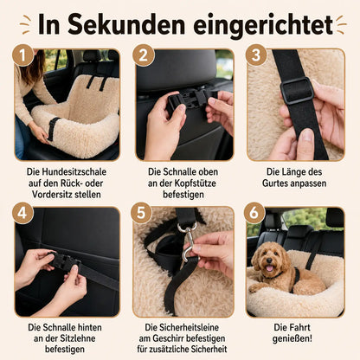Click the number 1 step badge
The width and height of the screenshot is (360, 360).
pyautogui.click(x=22, y=55)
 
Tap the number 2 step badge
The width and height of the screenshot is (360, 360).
pyautogui.click(x=143, y=55)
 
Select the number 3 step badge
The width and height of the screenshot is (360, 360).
pyautogui.click(x=256, y=55)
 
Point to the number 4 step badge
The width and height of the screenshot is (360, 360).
pyautogui.click(x=22, y=213)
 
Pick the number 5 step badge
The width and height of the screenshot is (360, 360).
pyautogui.click(x=141, y=213)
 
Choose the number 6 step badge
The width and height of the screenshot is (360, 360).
pyautogui.click(x=254, y=213)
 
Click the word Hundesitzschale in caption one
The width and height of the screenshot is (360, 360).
pyautogui.click(x=74, y=172)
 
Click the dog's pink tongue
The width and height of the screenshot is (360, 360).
pyautogui.click(x=269, y=269)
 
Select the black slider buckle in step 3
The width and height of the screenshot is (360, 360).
pyautogui.click(x=297, y=90)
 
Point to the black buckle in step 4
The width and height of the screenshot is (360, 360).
pyautogui.click(x=64, y=262)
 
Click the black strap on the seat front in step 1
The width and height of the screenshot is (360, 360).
pyautogui.click(x=53, y=129)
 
